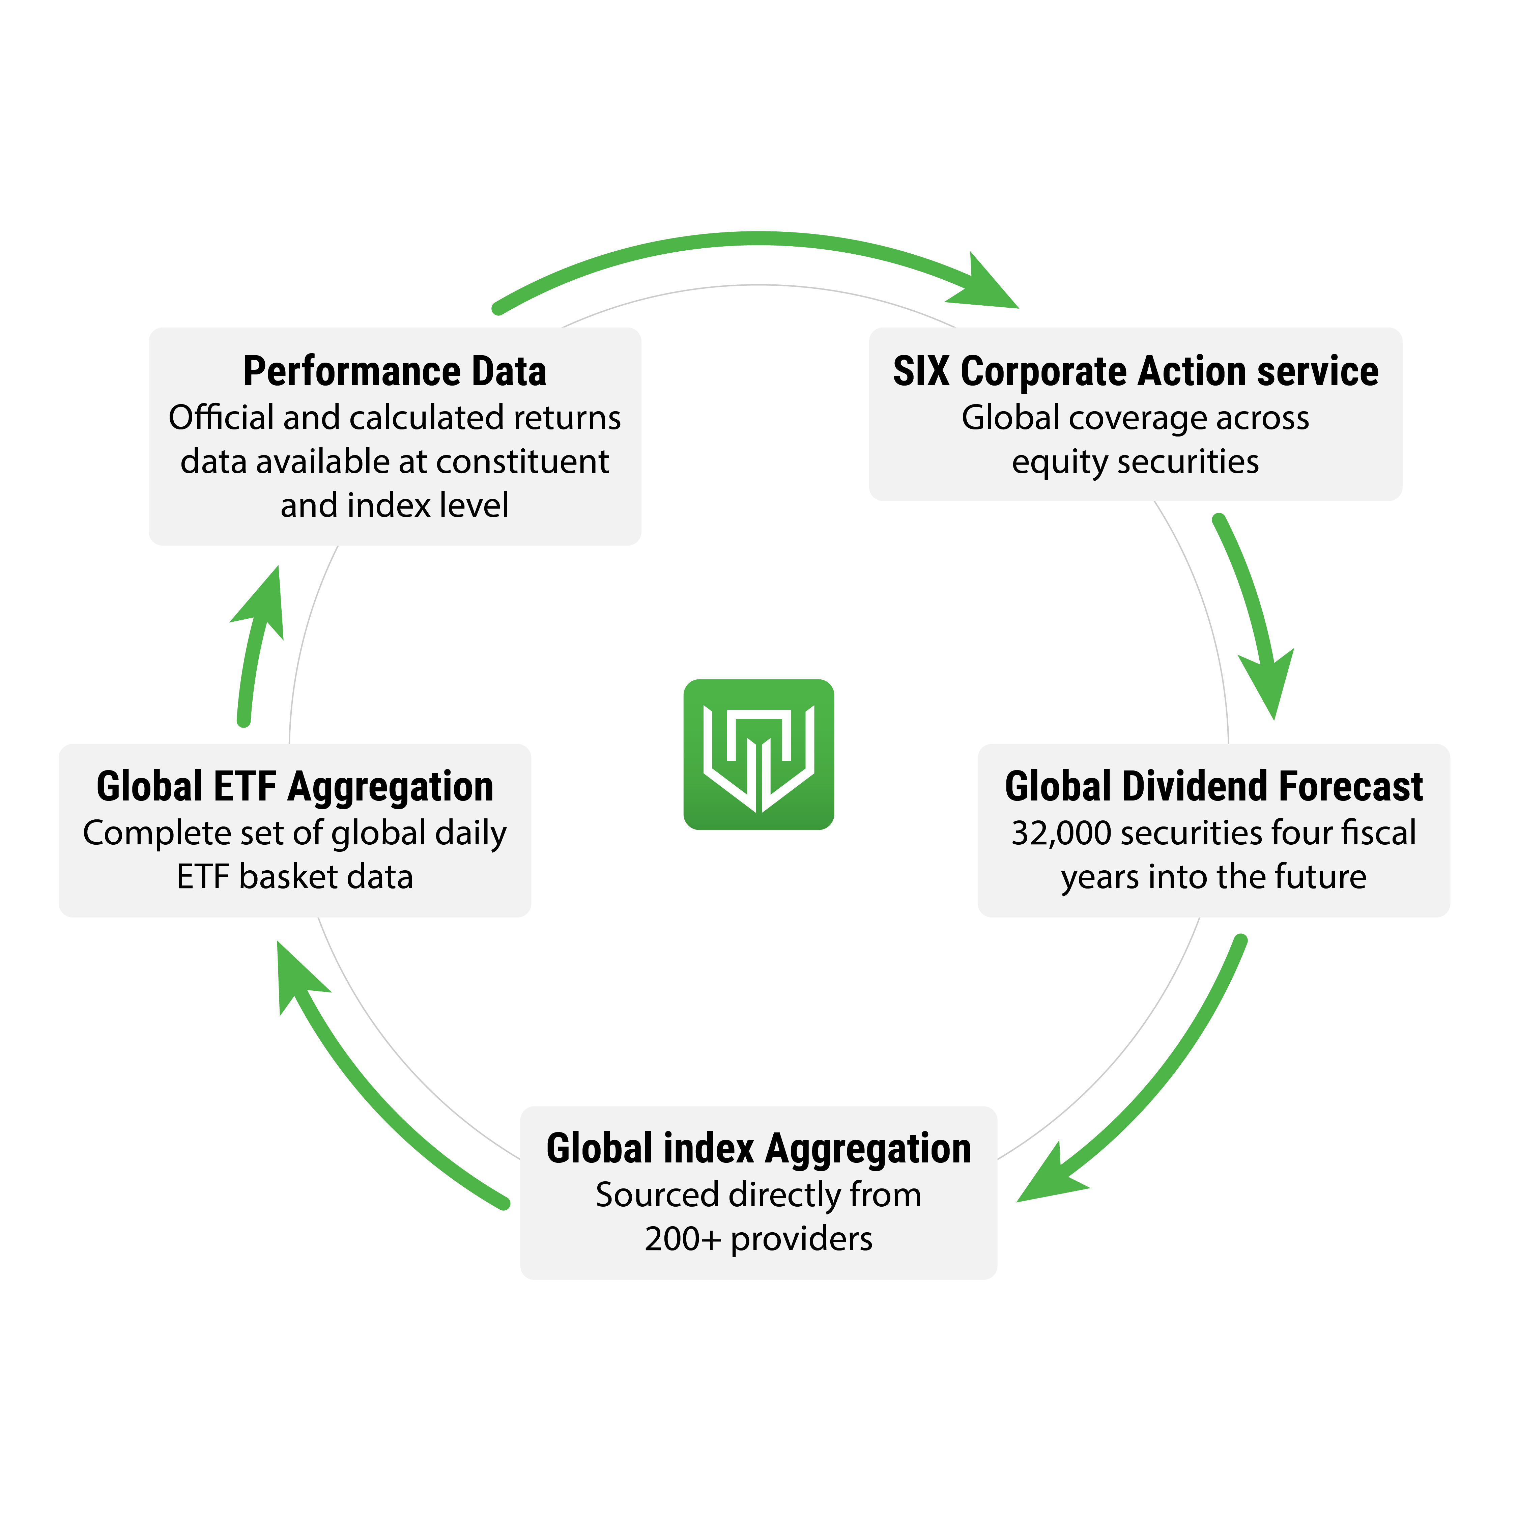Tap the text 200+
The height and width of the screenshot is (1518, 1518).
click(682, 1239)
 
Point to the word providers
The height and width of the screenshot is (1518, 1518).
click(801, 1239)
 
